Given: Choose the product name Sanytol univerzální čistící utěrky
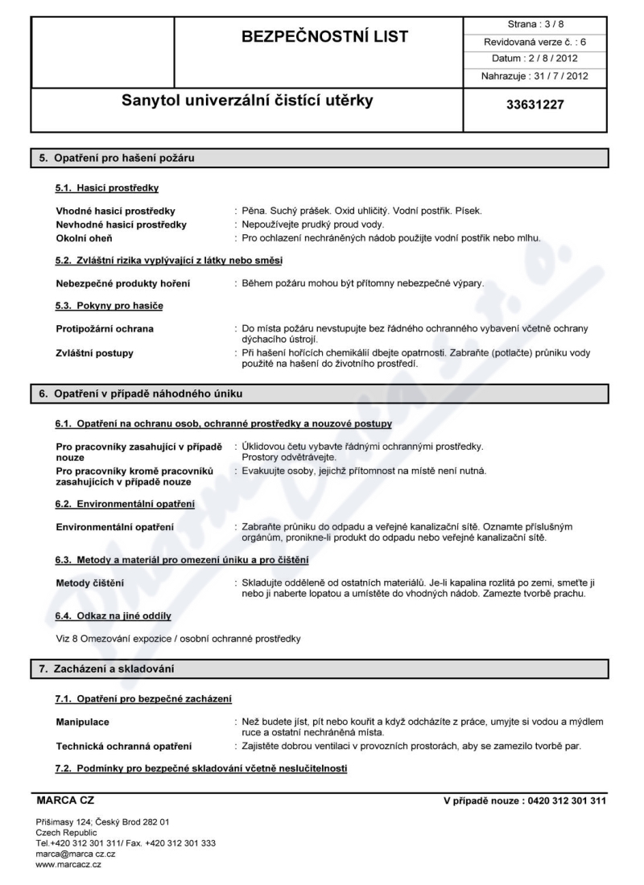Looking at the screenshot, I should (x=247, y=102).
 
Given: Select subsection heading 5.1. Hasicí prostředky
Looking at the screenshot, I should (x=107, y=188).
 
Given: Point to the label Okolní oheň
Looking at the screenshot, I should (x=84, y=238).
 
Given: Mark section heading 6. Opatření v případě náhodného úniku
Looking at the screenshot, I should (x=147, y=393).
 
